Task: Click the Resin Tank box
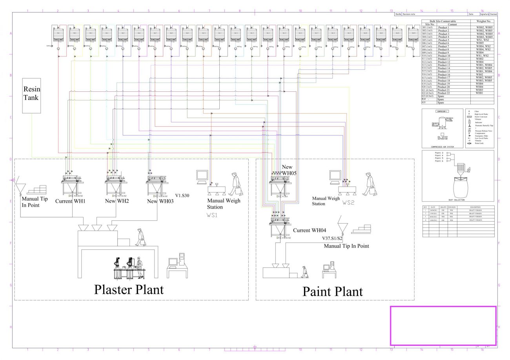(31, 95)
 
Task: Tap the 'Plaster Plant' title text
(129, 289)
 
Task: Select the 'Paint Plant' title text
(332, 291)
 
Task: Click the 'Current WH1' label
(70, 201)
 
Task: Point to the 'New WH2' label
(117, 201)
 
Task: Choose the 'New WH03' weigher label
(160, 201)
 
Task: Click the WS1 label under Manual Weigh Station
(212, 215)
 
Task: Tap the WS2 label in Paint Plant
(348, 203)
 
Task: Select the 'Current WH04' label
(310, 231)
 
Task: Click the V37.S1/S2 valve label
(332, 238)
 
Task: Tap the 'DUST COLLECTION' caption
(456, 200)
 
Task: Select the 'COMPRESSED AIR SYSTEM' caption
(442, 147)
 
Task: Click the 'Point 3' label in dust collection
(439, 153)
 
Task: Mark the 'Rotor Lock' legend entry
(479, 144)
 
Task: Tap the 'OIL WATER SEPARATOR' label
(442, 138)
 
